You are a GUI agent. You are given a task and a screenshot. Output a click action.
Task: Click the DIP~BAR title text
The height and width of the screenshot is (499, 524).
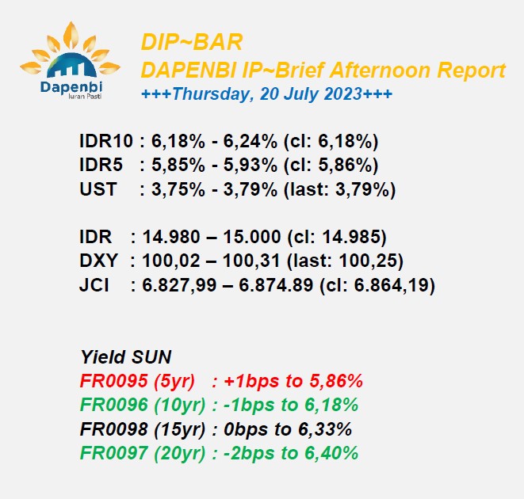[192, 43]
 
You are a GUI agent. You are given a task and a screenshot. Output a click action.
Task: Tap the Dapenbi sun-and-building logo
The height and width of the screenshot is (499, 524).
[71, 60]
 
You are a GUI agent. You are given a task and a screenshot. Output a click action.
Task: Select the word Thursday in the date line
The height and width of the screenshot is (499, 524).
[211, 93]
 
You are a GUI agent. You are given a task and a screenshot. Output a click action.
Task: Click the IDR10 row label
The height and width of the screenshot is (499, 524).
[106, 141]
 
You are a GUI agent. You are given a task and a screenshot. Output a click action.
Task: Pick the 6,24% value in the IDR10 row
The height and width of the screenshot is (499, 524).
[251, 141]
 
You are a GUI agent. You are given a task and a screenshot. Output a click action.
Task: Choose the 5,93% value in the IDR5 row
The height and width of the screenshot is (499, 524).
[251, 165]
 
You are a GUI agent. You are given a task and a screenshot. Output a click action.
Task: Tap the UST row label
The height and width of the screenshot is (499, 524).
[98, 189]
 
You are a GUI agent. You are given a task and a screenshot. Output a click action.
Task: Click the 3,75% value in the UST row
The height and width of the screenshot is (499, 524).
[178, 189]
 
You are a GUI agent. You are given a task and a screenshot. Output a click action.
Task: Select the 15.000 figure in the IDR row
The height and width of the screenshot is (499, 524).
[252, 237]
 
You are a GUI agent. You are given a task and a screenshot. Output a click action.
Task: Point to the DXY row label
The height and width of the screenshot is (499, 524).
[98, 261]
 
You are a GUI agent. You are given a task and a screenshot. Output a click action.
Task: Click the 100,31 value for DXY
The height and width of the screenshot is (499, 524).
[251, 261]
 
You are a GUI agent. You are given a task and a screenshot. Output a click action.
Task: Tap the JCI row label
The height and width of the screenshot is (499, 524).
[94, 285]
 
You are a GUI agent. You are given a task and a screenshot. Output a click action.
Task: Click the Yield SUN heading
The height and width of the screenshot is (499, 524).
[126, 356]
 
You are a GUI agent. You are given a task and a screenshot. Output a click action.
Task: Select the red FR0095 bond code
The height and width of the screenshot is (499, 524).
[114, 380]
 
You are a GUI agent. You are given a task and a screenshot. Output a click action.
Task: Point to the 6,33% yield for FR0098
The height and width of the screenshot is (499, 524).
[325, 429]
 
